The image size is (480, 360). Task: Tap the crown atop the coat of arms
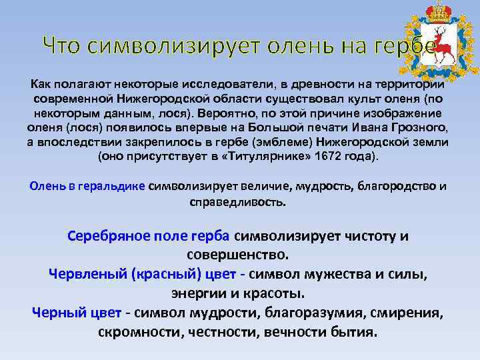(x=439, y=12)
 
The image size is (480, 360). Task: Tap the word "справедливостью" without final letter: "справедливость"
(x=237, y=201)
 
